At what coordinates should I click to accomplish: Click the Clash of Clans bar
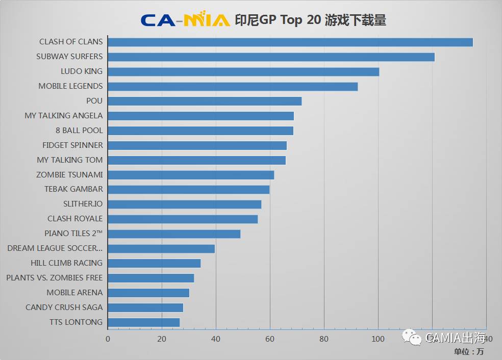[x=290, y=42]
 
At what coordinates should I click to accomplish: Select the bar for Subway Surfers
[x=271, y=57]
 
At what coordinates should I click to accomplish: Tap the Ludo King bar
[x=243, y=71]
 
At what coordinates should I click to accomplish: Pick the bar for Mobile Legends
[x=233, y=86]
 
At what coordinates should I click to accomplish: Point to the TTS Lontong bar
[x=144, y=322]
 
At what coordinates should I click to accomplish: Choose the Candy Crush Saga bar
[x=145, y=307]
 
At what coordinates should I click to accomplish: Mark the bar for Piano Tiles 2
[x=174, y=234]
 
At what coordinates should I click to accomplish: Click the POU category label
[x=94, y=101]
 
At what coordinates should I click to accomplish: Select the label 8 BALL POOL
[x=79, y=131]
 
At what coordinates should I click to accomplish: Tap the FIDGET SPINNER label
[x=72, y=145]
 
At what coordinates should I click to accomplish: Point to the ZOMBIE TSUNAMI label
[x=69, y=174]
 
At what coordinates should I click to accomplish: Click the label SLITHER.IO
[x=83, y=204]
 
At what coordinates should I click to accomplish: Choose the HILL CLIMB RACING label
[x=66, y=263]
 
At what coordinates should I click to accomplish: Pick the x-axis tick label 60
[x=270, y=339]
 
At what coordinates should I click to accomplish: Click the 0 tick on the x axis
[x=108, y=339]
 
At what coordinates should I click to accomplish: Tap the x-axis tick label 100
[x=378, y=339]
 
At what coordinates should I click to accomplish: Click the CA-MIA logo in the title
[x=185, y=19]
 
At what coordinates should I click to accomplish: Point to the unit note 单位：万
[x=469, y=351]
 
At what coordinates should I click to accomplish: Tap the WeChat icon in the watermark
[x=413, y=337]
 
